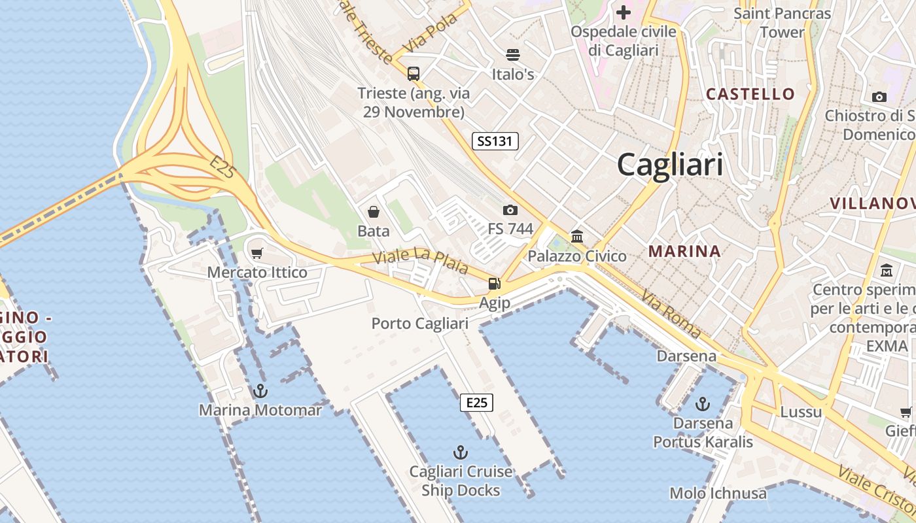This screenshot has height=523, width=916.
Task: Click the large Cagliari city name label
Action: [670, 164]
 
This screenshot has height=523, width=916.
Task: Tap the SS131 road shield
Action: [495, 141]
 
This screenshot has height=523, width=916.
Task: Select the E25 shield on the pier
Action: [476, 403]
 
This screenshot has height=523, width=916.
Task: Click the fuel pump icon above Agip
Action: [494, 284]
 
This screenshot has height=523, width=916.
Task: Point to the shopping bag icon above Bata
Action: [373, 211]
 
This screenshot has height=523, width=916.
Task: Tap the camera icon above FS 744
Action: [510, 210]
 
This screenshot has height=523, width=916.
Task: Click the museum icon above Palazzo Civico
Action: [577, 236]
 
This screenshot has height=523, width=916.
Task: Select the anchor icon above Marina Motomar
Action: [260, 391]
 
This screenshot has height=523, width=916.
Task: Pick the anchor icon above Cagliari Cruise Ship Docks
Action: [461, 452]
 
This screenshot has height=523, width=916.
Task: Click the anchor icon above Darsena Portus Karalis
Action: [703, 403]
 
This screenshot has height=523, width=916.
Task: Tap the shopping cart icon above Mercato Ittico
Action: [257, 253]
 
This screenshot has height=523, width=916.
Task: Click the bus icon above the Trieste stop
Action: [414, 73]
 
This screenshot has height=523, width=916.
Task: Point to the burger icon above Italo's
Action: [513, 55]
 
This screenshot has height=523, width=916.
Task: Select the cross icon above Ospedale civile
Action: [623, 12]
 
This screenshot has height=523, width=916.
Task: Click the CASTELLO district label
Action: [750, 94]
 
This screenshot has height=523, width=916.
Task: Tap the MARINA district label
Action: [684, 251]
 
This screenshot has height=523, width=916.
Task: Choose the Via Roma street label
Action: [670, 315]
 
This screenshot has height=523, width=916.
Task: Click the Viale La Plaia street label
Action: [420, 260]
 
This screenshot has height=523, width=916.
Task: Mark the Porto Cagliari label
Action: [420, 324]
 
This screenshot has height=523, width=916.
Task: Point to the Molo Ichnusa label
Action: [718, 494]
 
